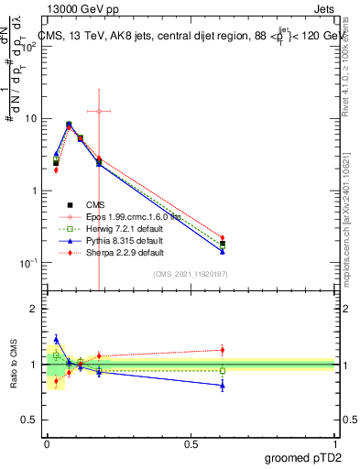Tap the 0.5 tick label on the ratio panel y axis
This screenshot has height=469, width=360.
pyautogui.click(x=30, y=420)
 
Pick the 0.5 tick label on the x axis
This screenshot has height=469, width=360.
pyautogui.click(x=191, y=444)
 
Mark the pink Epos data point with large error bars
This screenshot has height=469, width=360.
pyautogui.click(x=99, y=111)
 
